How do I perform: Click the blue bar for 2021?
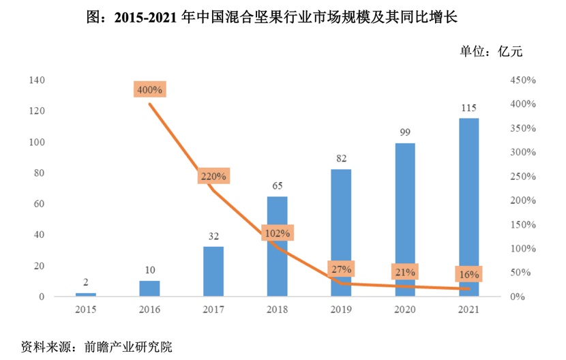tap(468, 207)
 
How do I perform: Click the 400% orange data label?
tap(149, 89)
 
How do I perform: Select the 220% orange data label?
tap(214, 176)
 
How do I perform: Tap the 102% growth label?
tap(276, 233)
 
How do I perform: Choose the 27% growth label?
tap(341, 269)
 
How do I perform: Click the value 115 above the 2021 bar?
tap(468, 108)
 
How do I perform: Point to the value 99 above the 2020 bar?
tap(405, 132)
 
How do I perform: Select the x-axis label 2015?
tap(86, 310)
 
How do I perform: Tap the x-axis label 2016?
tap(149, 310)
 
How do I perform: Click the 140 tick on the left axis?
tap(38, 80)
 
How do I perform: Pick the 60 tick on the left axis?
tap(40, 204)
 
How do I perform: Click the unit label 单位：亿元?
tap(491, 51)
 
